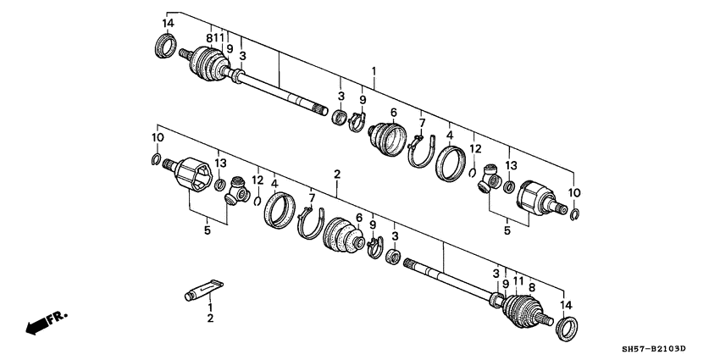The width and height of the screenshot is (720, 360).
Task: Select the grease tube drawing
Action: point(203,289)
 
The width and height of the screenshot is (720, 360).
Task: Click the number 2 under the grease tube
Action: point(209,319)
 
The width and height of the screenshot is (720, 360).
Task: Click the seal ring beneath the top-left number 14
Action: point(166,47)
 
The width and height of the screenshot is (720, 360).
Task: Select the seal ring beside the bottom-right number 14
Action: point(567,326)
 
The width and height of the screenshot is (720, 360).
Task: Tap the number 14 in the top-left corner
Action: point(168,23)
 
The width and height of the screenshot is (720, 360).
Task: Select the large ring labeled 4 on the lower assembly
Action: point(279,211)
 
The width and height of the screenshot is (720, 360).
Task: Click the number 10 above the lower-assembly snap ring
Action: point(158,137)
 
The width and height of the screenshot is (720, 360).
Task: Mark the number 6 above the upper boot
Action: point(393,113)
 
